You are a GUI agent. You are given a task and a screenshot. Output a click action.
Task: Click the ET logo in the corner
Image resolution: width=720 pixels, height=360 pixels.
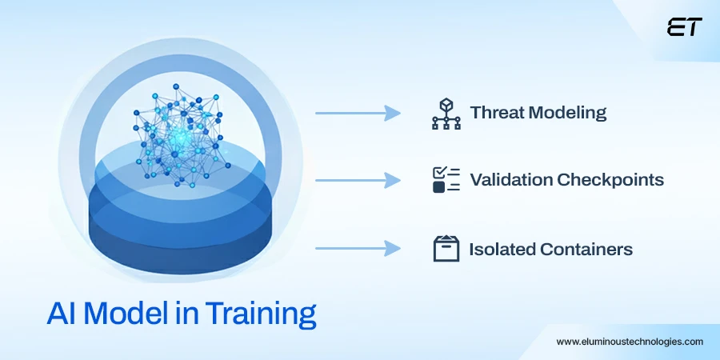[684, 27]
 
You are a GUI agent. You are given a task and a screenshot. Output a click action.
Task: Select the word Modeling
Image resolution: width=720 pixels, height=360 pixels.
[569, 113]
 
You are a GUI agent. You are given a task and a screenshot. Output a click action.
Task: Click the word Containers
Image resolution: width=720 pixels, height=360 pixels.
[586, 250]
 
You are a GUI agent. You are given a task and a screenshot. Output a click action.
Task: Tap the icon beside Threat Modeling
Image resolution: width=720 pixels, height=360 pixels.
[446, 113]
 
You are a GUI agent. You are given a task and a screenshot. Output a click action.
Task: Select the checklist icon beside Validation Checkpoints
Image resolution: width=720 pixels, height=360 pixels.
[446, 180]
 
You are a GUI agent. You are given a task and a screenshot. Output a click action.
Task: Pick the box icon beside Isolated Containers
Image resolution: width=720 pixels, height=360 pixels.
[446, 249]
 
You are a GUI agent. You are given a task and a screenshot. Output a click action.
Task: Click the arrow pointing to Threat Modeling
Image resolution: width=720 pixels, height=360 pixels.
[358, 114]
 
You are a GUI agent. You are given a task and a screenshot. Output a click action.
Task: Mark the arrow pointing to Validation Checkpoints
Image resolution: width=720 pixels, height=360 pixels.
[358, 181]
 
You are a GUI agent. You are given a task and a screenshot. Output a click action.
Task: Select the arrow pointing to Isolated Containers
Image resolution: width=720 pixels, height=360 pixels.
[358, 250]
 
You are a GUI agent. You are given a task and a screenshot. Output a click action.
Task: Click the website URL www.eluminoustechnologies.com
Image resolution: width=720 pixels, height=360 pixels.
[630, 342]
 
